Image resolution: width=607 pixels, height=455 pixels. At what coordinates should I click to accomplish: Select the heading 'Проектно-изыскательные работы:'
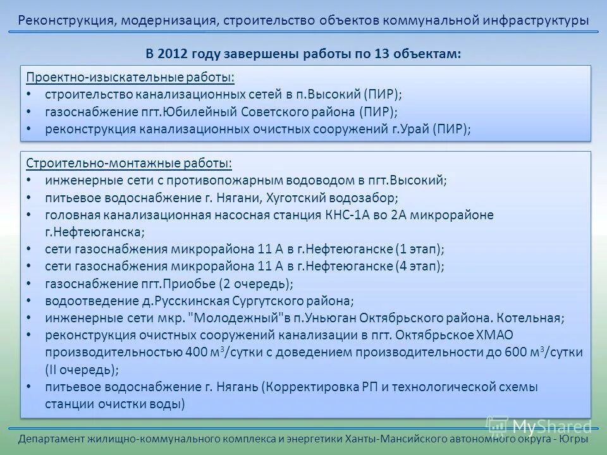[130, 77]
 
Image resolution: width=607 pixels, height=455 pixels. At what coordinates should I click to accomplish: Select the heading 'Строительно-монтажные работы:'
[129, 163]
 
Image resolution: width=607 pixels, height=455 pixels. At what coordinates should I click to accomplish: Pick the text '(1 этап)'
[420, 249]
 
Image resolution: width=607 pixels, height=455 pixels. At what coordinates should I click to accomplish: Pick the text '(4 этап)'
[420, 266]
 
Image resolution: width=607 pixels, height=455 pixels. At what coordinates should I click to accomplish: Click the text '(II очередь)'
[82, 370]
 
